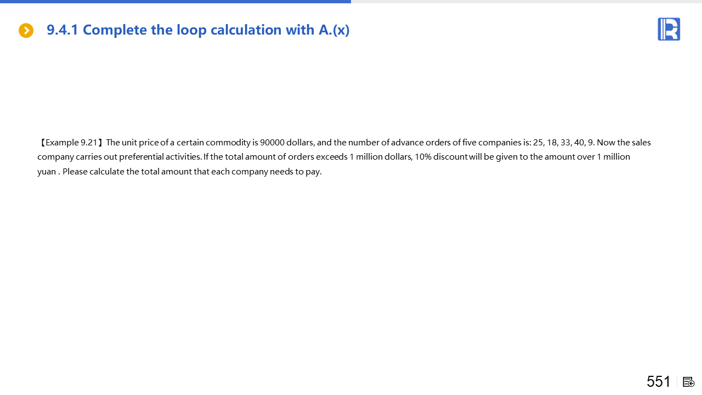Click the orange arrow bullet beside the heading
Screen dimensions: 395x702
(26, 31)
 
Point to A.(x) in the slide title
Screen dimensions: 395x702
(334, 30)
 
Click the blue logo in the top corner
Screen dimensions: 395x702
(669, 29)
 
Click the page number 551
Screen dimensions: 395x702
(658, 381)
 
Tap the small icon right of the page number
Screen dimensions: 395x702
(689, 382)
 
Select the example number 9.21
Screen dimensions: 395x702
(89, 143)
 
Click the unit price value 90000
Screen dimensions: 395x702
(272, 143)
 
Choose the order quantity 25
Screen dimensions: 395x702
(538, 143)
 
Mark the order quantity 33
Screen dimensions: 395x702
(565, 143)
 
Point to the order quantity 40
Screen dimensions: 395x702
(579, 143)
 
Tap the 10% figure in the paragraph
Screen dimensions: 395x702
(423, 157)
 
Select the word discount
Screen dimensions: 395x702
(450, 157)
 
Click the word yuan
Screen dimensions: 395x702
(47, 172)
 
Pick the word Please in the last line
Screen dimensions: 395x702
(75, 172)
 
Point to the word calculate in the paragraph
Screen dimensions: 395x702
(106, 172)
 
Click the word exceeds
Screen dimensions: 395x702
(332, 157)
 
